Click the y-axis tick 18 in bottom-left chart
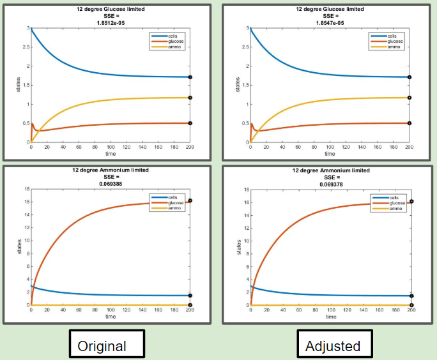(27, 189)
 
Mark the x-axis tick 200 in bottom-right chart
(411, 310)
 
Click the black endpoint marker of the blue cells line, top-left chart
(190, 77)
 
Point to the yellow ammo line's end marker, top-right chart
(410, 98)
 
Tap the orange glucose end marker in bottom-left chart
(190, 200)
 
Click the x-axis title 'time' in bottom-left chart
(111, 316)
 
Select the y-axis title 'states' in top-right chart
(237, 85)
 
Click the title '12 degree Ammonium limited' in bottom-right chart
(330, 170)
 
